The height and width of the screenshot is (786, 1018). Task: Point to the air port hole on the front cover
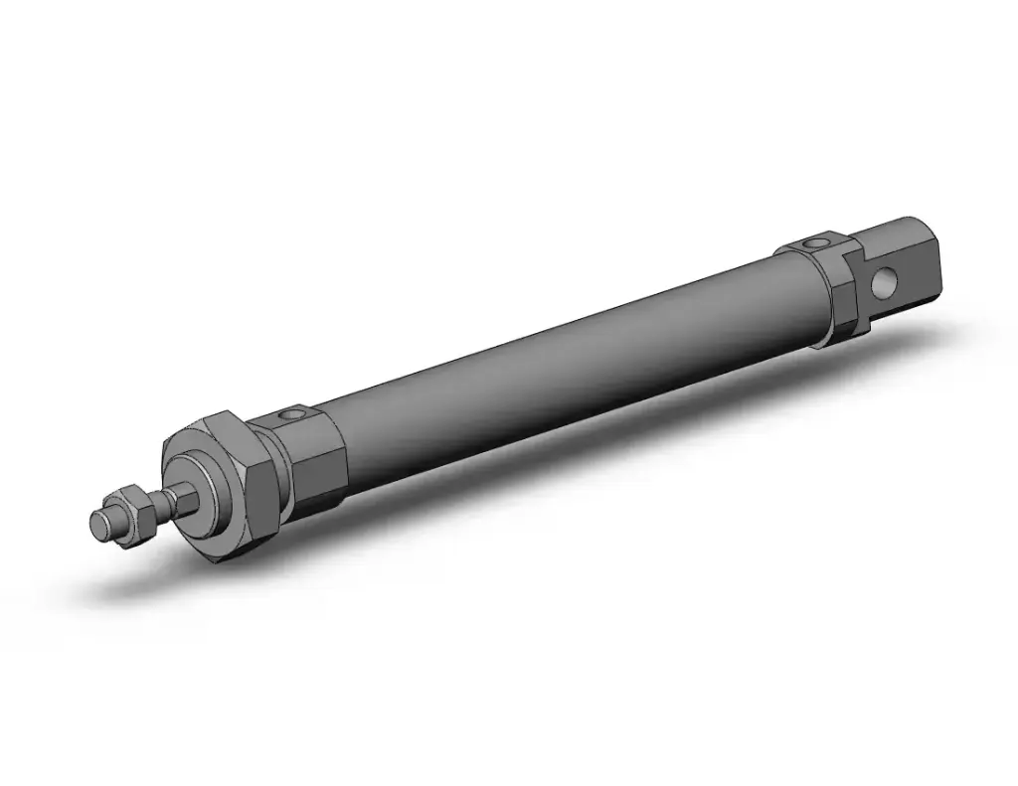[x=290, y=413]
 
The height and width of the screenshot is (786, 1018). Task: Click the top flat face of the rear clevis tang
[x=885, y=234]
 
